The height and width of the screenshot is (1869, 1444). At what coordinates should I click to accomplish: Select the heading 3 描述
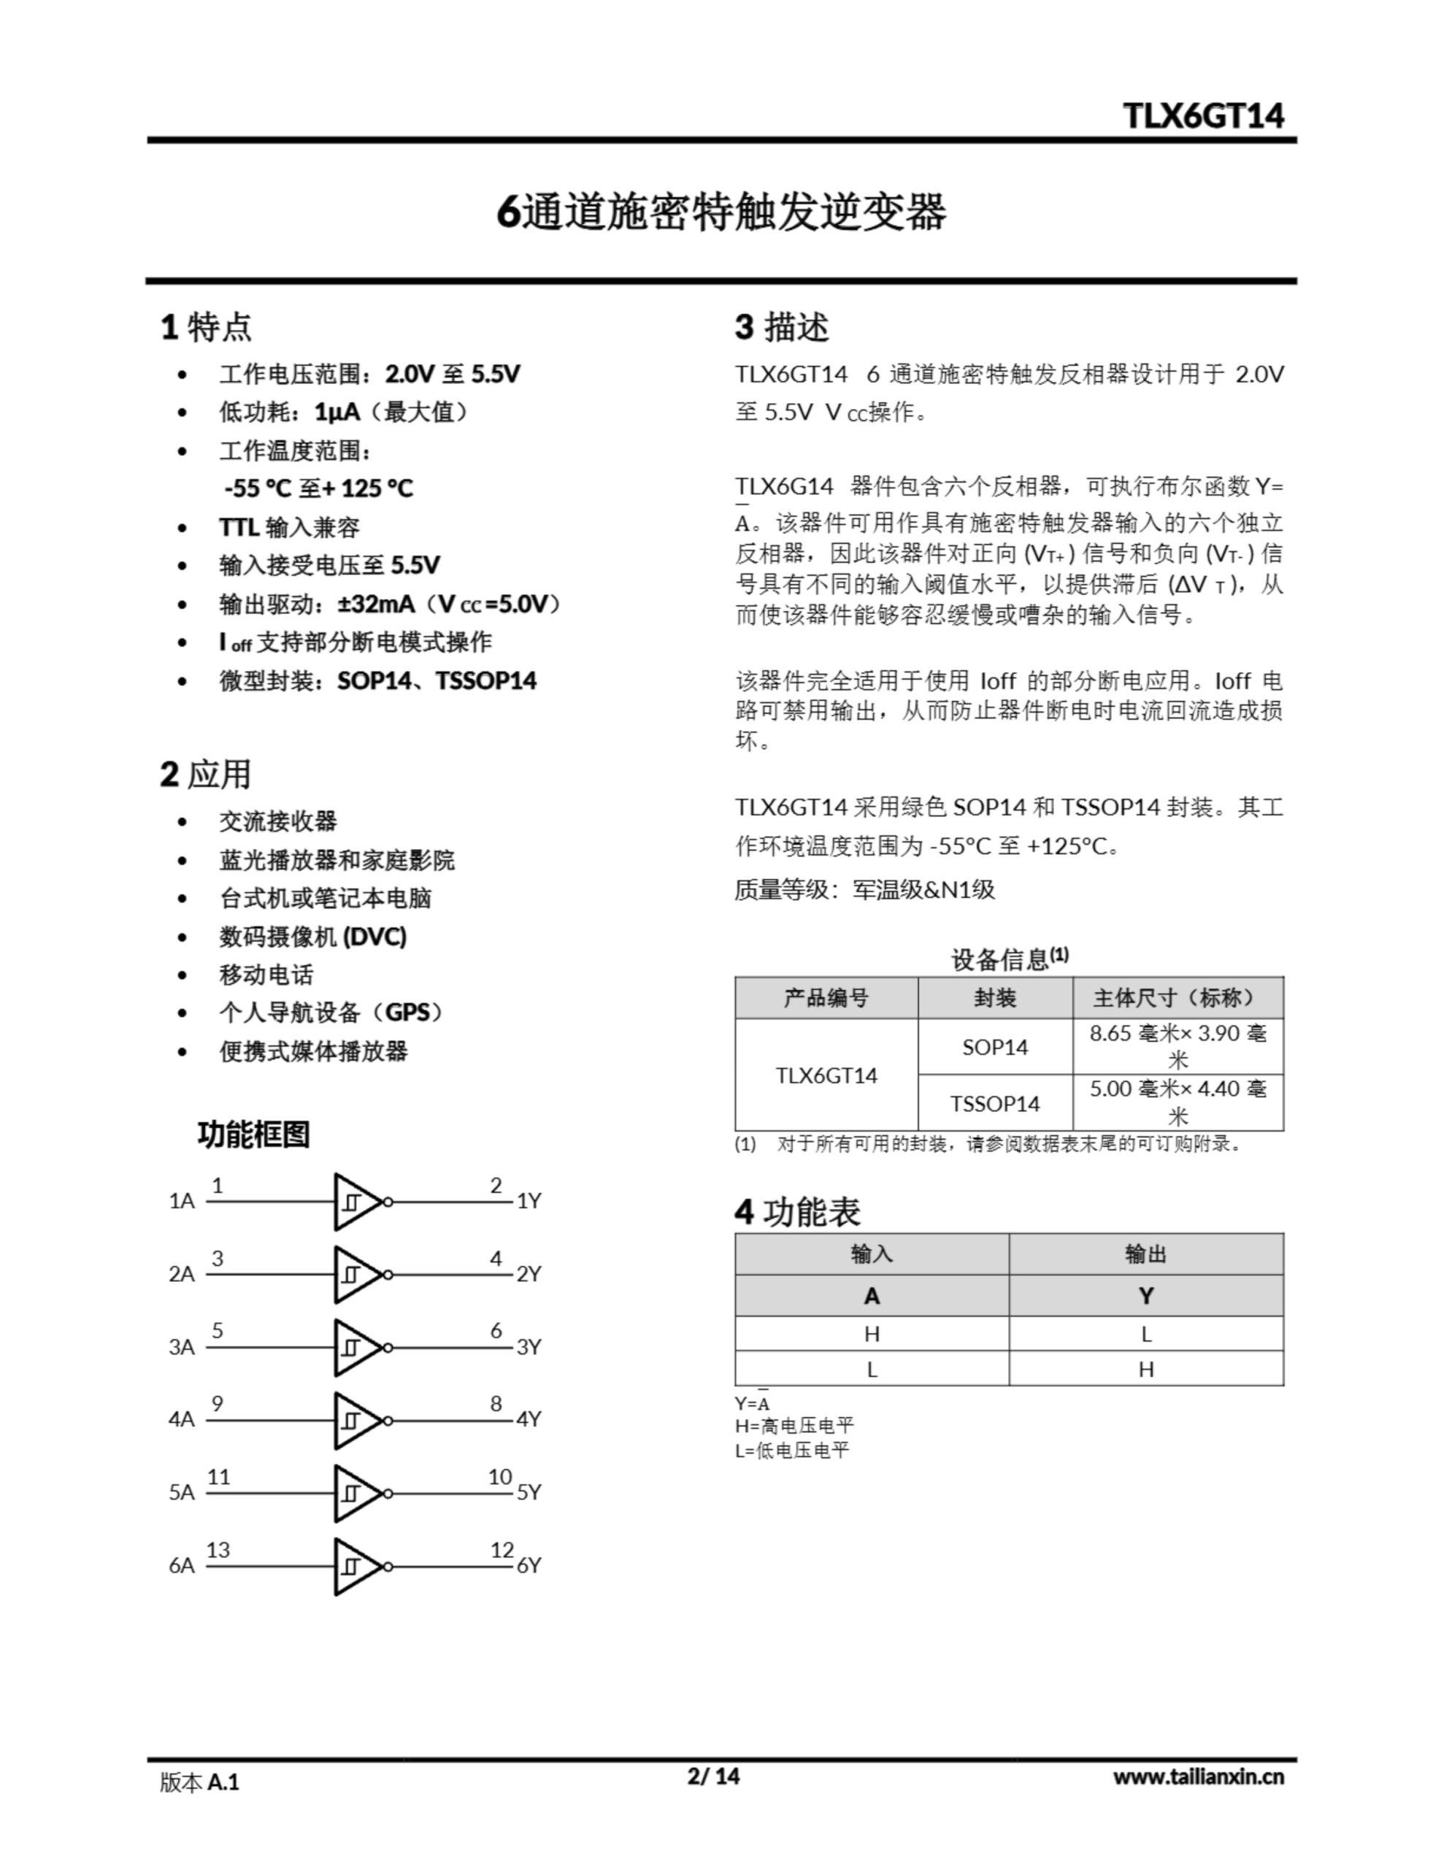(x=780, y=327)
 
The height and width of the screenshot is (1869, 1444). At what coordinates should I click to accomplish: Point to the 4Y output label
(x=528, y=1419)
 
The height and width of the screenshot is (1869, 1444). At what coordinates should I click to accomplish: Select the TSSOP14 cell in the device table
(x=994, y=1103)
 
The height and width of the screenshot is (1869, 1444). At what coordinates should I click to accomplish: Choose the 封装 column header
(x=994, y=998)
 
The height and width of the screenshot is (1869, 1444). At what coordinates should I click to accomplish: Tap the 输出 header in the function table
(x=1145, y=1254)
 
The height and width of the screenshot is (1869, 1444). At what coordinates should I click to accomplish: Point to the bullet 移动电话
(x=266, y=975)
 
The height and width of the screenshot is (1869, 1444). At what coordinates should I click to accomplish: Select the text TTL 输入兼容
(x=289, y=527)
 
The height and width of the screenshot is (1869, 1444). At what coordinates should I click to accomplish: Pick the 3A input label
(x=182, y=1347)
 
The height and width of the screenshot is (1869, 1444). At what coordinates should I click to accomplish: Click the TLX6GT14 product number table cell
(x=826, y=1075)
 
